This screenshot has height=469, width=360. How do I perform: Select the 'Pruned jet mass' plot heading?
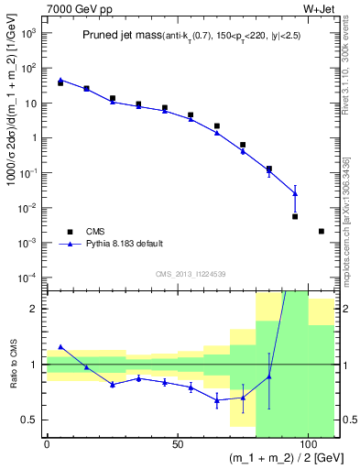(109, 34)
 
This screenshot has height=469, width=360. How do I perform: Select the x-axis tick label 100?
(306, 443)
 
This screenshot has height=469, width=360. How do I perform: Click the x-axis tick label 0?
(47, 443)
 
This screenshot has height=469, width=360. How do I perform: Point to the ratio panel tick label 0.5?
(31, 420)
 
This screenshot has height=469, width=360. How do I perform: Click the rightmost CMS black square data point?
(321, 231)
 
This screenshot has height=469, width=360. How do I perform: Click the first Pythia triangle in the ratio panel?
(60, 347)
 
